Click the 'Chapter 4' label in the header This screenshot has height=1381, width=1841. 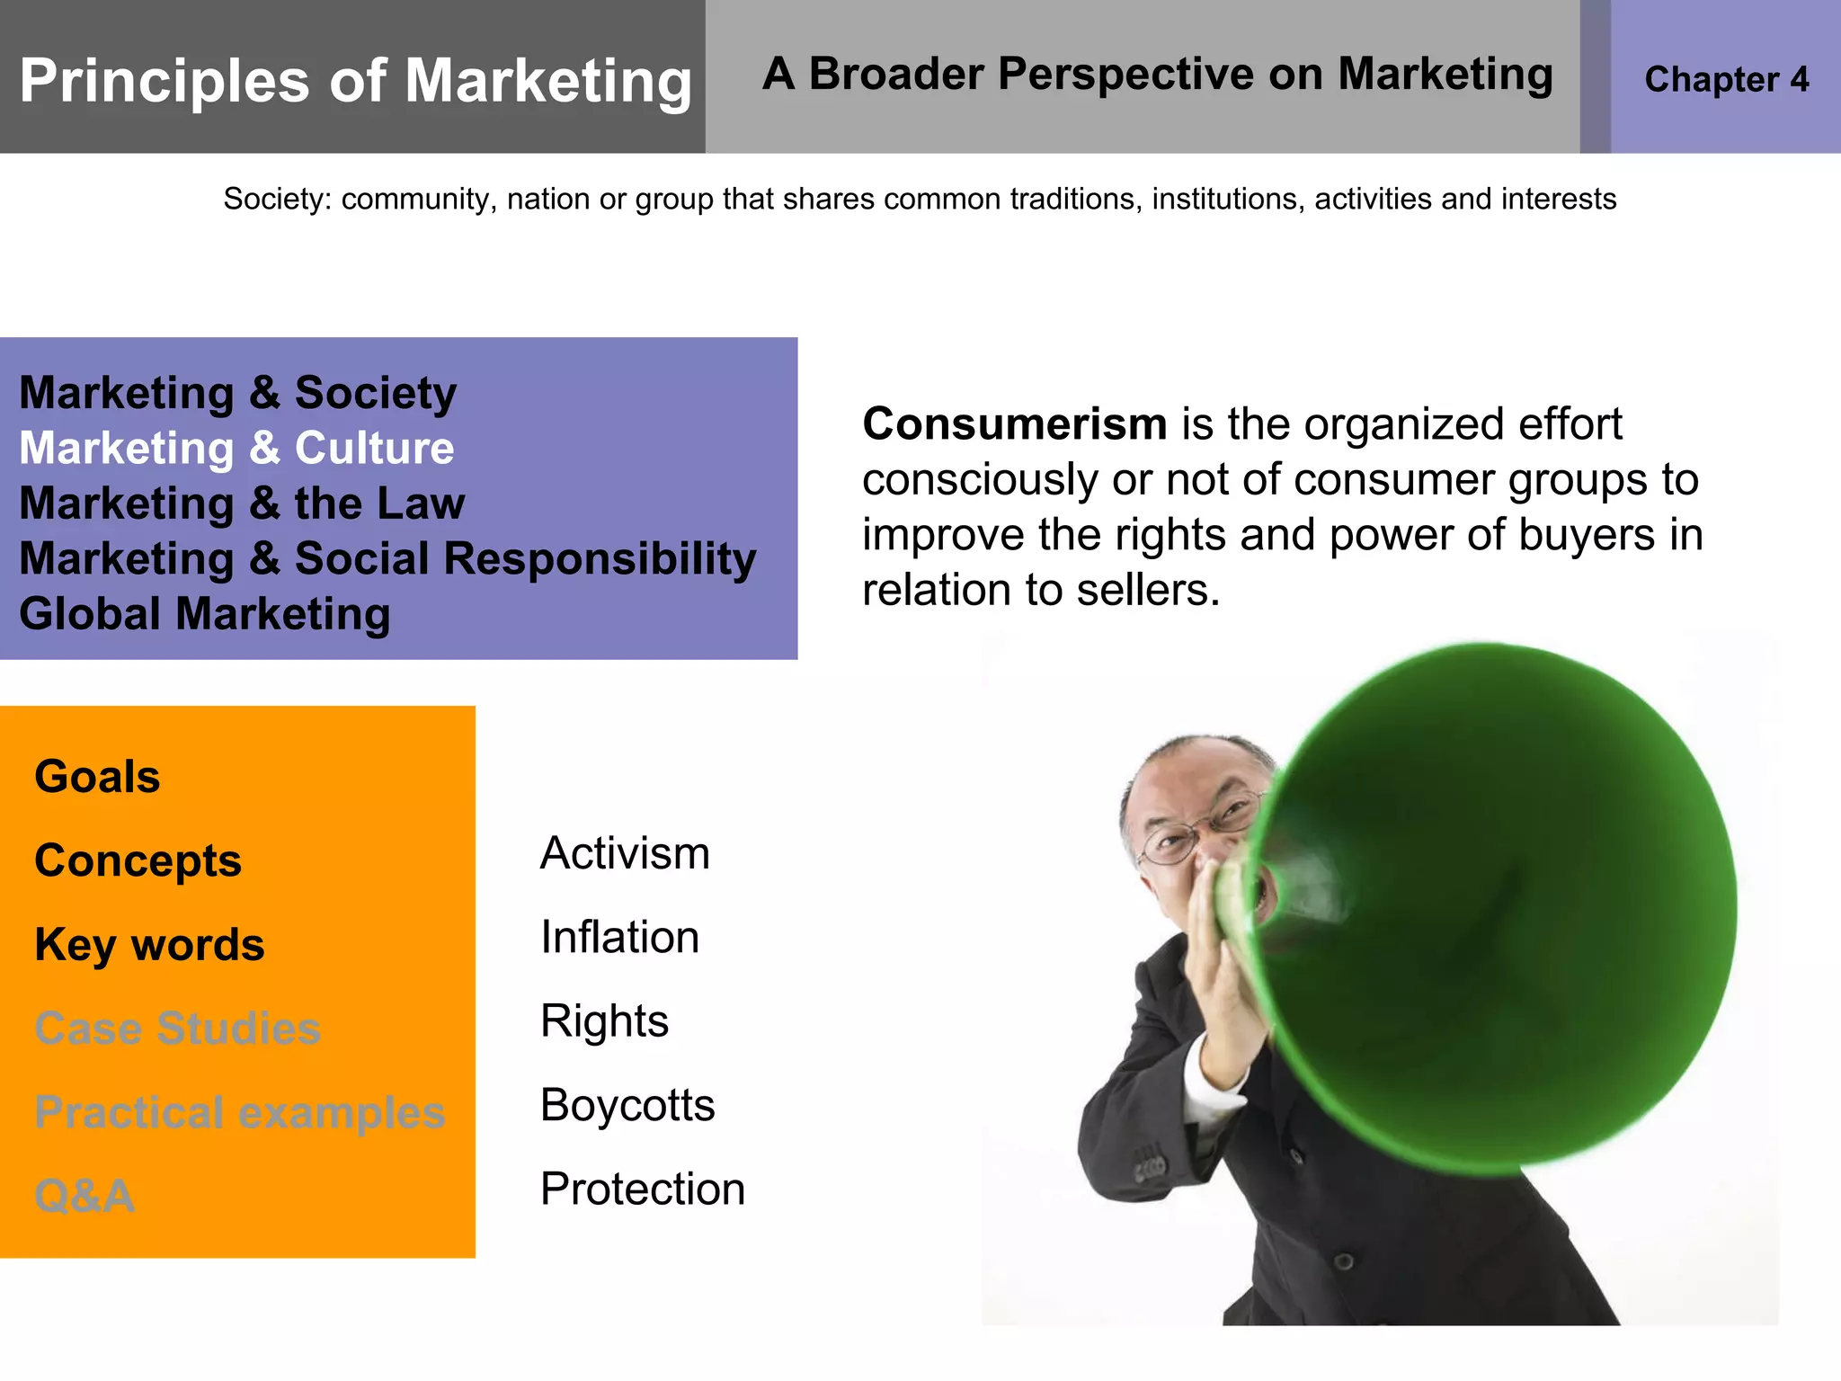pos(1726,79)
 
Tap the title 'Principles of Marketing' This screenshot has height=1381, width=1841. pos(356,81)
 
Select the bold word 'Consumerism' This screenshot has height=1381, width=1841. pos(1014,423)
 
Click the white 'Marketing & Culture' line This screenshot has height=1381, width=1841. pos(236,448)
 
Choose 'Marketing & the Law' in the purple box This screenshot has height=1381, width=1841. pos(242,503)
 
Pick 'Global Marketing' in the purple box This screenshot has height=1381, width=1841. pos(205,614)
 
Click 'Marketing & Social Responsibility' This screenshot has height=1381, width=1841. pos(387,558)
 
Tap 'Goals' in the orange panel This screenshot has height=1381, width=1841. pos(97,776)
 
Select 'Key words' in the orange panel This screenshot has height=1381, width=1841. pos(149,944)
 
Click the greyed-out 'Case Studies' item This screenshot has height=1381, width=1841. pos(177,1028)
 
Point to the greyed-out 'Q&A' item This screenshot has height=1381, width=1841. pos(84,1196)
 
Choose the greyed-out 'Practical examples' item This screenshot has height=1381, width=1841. pos(239,1112)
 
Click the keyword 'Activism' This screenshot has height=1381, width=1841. pos(625,853)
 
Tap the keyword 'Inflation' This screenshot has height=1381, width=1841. pos(619,937)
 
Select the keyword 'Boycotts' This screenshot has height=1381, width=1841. pos(627,1105)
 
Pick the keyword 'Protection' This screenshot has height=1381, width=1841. pos(643,1189)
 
